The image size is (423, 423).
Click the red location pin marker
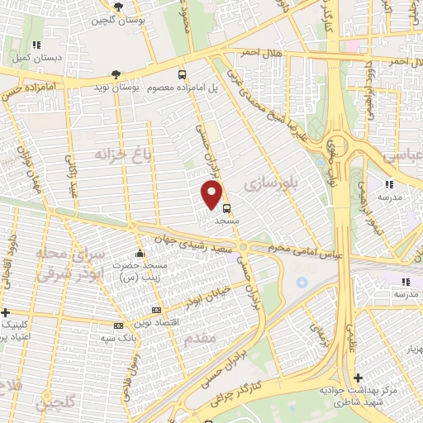pos(212,194)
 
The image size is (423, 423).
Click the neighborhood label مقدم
pos(201,338)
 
